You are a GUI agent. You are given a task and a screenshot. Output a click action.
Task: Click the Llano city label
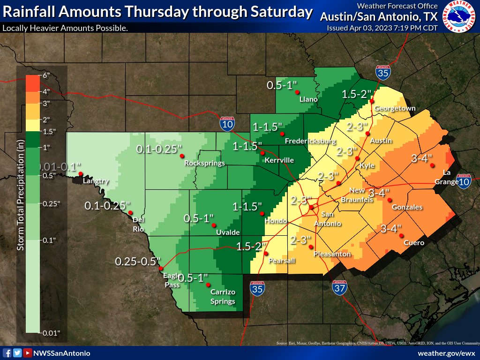309,99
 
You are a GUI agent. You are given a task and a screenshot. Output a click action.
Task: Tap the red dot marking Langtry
81,174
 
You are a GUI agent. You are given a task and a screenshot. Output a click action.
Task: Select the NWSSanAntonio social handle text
61,353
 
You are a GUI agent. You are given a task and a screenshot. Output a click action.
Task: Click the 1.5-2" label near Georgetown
356,94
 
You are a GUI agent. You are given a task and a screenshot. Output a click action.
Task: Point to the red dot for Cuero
401,236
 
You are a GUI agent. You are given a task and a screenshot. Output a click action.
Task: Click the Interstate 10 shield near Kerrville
227,123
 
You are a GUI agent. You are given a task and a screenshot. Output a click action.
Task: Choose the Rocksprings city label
204,163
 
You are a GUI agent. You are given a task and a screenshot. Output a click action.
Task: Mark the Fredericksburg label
310,141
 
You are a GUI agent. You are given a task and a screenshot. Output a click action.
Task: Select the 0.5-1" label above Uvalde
198,218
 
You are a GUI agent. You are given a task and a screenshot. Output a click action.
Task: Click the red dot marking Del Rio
130,213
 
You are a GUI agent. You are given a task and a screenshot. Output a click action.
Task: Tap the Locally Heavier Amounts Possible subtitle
65,28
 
